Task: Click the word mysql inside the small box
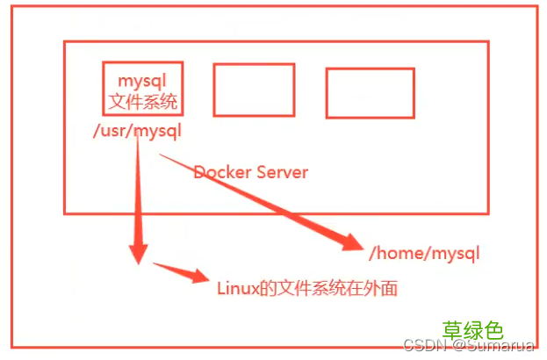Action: pos(142,80)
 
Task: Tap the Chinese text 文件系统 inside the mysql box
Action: pos(142,101)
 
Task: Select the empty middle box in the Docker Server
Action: pos(254,90)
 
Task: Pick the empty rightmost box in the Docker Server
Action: pos(363,93)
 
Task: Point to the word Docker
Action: pos(222,172)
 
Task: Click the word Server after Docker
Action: pos(282,172)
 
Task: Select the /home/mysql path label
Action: pos(424,254)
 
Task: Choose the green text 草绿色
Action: pos(472,330)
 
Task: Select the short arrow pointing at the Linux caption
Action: pos(184,272)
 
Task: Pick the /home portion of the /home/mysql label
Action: pos(394,254)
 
